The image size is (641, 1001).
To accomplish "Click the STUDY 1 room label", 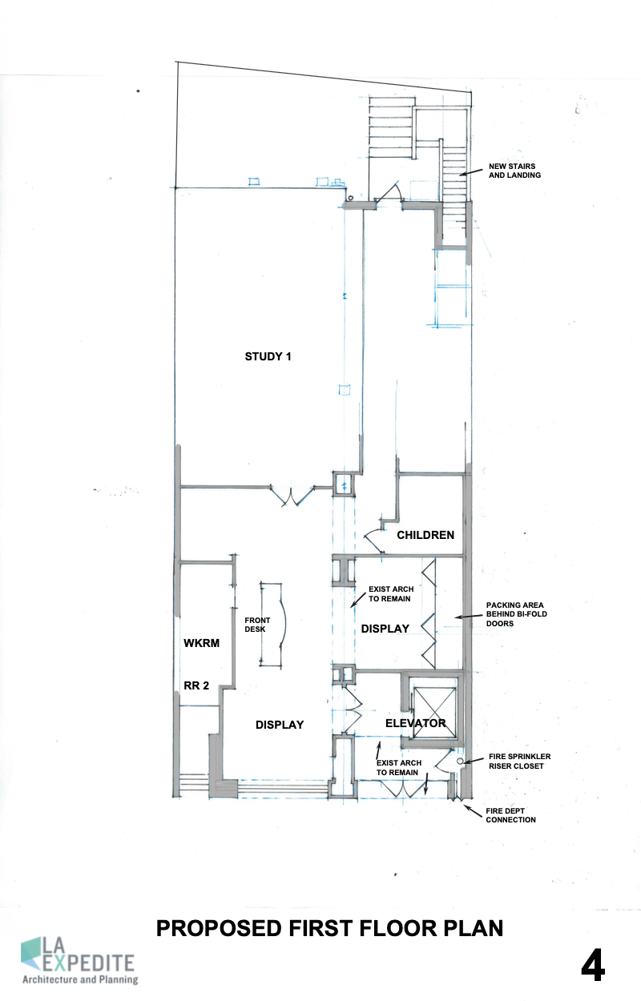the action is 268,356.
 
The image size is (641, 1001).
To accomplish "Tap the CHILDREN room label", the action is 425,535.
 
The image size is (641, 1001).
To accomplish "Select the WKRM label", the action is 202,643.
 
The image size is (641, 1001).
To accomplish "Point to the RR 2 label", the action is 196,685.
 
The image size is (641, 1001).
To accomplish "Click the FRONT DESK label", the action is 257,625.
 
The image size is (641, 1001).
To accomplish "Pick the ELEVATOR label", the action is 416,723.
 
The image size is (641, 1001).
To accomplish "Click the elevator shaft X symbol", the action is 435,712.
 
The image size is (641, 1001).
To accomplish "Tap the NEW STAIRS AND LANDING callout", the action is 514,171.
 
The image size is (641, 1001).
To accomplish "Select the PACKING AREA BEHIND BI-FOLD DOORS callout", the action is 517,614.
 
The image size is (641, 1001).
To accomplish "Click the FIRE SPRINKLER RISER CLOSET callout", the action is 519,761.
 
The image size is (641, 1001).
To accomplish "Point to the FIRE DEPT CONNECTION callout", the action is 511,815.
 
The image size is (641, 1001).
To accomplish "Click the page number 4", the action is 593,966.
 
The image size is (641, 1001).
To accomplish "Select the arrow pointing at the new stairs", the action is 471,172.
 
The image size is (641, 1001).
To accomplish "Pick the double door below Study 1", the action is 292,496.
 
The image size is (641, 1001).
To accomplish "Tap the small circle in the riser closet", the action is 460,761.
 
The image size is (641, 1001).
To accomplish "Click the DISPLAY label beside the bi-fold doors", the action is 385,629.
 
